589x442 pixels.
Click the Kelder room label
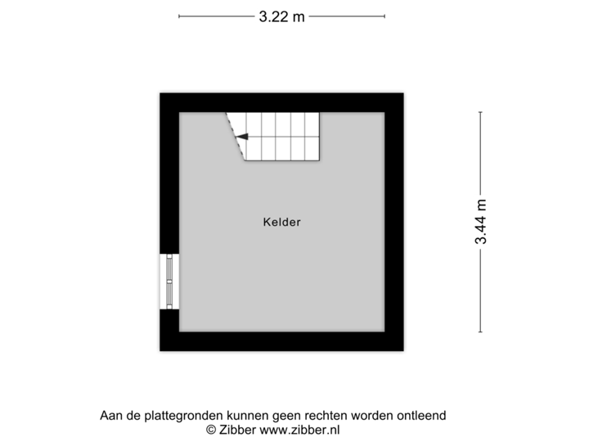281,222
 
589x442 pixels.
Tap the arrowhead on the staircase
242,138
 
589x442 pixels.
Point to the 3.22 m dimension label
281,16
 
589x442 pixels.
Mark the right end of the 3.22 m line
385,16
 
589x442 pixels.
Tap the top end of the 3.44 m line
481,112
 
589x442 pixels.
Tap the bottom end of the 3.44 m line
481,331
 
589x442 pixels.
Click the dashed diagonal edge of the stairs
236,138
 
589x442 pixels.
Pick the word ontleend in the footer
421,416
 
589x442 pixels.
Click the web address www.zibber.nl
300,429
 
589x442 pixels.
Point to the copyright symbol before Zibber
211,429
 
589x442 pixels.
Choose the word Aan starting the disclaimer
110,416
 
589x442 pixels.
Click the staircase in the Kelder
278,137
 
